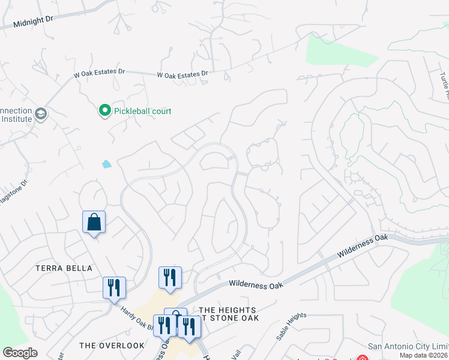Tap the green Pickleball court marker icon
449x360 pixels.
(x=104, y=110)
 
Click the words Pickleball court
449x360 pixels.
(x=142, y=111)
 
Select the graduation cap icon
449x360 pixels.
(x=41, y=114)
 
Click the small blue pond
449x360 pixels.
(x=107, y=164)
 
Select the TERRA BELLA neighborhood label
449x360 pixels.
(x=64, y=268)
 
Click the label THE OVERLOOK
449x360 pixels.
(x=112, y=346)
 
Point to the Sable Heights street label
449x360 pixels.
(x=292, y=326)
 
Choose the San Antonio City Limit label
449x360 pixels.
(x=408, y=346)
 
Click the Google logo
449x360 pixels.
(x=20, y=353)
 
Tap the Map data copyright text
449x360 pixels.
(x=424, y=355)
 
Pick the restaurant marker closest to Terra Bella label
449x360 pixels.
(x=113, y=288)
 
